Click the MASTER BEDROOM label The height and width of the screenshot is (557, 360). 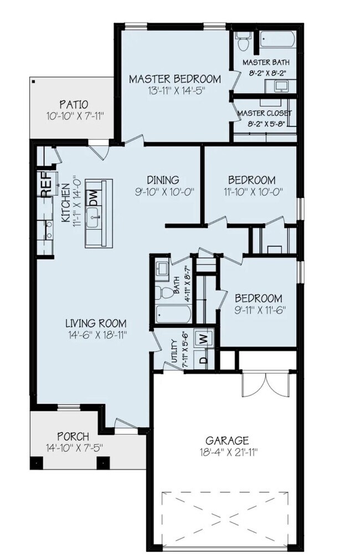pos(174,79)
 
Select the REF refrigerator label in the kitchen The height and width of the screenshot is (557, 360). pos(47,185)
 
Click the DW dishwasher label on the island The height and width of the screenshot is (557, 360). pos(94,197)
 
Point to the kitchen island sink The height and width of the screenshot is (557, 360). pos(94,217)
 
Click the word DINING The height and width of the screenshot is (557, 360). pos(163,180)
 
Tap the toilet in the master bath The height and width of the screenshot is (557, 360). pos(244,41)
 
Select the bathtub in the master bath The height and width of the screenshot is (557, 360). pos(277,39)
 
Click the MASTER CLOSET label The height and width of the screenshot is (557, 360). pos(265,113)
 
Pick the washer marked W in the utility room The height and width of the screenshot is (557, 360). pos(203,338)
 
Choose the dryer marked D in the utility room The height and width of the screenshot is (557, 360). pos(203,360)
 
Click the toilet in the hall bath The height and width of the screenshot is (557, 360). pos(166,292)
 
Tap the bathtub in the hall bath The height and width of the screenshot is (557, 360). pos(173,314)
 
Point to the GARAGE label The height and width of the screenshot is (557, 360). pos(227,441)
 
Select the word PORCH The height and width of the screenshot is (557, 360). pos(73,436)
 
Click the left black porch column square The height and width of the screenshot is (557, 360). pos(37,462)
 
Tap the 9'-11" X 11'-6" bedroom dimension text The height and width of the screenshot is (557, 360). pos(260,310)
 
